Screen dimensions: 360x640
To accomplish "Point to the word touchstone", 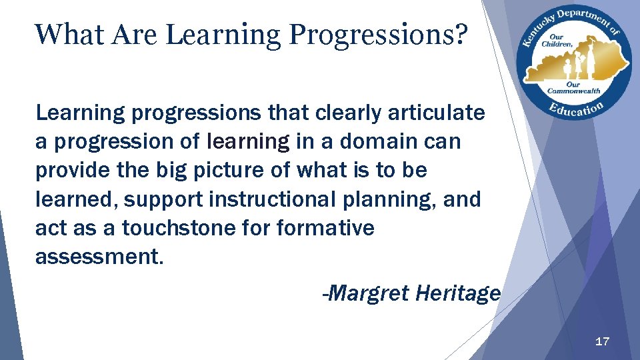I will [x=174, y=228].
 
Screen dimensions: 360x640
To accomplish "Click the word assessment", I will [x=99, y=257].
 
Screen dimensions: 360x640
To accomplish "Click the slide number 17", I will [x=601, y=342].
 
